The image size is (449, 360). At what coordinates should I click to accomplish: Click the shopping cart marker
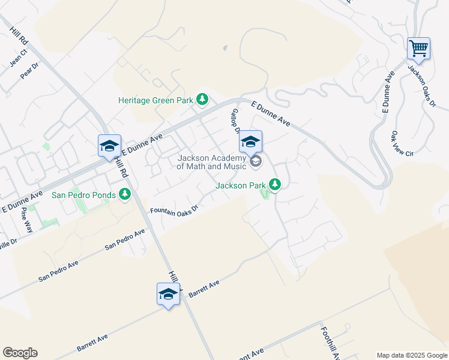418,48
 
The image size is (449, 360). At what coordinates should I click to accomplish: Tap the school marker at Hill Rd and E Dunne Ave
110,146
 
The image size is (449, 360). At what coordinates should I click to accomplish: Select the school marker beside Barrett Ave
168,294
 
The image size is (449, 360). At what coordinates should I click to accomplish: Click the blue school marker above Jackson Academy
251,142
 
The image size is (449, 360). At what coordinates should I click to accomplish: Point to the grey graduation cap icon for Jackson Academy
256,161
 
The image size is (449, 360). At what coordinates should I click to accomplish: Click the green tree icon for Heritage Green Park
203,99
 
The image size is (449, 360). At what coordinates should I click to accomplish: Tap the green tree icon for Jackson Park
275,184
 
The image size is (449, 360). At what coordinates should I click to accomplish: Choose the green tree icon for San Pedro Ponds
125,194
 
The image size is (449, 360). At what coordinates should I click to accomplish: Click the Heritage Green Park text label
157,100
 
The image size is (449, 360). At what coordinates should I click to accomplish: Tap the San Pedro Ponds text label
84,194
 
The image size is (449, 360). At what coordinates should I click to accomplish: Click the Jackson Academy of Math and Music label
212,162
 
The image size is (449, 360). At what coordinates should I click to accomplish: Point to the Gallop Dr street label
235,121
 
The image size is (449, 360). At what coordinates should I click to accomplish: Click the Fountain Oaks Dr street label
173,209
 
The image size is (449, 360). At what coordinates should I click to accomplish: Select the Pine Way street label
27,220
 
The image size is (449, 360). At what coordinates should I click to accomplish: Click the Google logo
20,353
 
